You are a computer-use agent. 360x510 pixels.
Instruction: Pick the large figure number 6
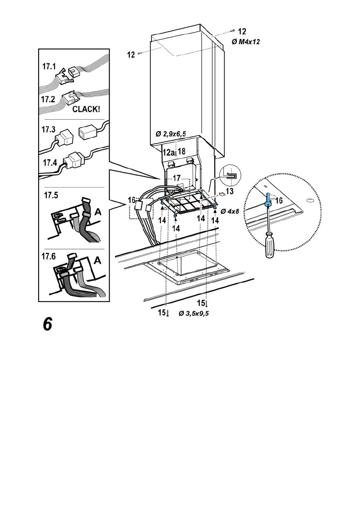click(x=47, y=324)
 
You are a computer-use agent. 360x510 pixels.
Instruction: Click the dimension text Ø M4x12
click(x=246, y=42)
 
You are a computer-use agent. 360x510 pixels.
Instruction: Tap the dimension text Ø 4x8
click(x=229, y=211)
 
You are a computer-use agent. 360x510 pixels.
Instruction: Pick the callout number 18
click(x=182, y=151)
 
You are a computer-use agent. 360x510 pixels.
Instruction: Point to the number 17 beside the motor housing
click(x=177, y=177)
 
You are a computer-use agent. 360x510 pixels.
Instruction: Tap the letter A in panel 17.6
click(x=97, y=260)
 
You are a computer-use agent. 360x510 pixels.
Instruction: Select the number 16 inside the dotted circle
click(x=279, y=201)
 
